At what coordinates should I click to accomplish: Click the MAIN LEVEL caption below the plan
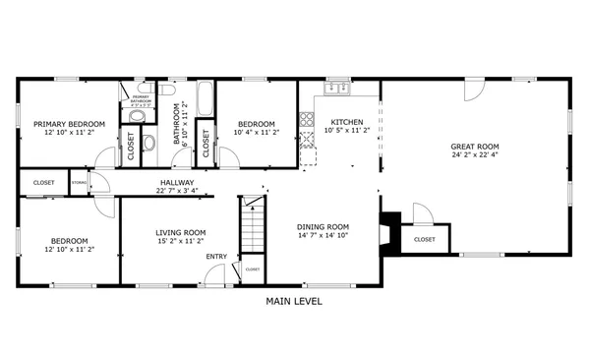click(x=294, y=301)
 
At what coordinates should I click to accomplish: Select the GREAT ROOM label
click(x=476, y=145)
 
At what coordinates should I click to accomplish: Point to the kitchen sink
click(x=338, y=89)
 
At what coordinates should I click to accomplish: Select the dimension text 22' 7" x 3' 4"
click(x=177, y=191)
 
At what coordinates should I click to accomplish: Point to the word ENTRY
click(x=215, y=257)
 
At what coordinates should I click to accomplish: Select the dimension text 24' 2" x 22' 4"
click(x=476, y=153)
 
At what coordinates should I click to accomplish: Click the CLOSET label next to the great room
click(x=425, y=239)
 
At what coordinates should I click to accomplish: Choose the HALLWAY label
click(x=177, y=182)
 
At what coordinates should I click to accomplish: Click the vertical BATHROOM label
click(x=179, y=125)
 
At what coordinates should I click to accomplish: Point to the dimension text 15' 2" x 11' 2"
click(x=180, y=241)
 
